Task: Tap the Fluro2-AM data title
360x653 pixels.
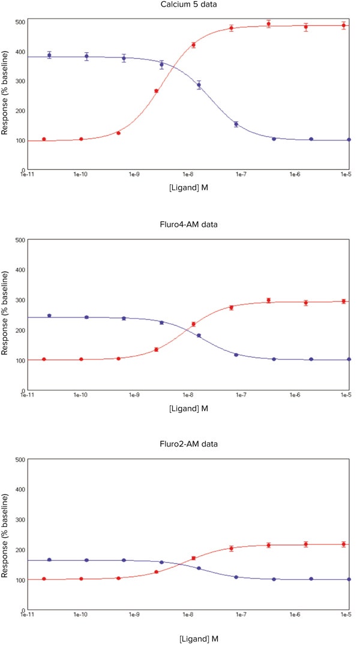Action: tap(187, 444)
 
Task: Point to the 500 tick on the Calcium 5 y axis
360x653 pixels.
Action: tap(20, 22)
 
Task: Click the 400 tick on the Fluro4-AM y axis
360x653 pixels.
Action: tap(20, 270)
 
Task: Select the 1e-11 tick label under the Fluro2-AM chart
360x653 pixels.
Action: tap(28, 615)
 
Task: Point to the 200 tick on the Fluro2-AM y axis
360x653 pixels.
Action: tap(20, 550)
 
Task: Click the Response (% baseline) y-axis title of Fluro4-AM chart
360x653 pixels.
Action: tap(6, 314)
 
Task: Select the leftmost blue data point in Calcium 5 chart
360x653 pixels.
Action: tap(49, 55)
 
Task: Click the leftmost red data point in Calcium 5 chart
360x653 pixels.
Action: tap(44, 139)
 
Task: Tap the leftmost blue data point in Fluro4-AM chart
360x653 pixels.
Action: tap(49, 316)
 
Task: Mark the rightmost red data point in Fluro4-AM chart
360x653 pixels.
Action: tap(344, 301)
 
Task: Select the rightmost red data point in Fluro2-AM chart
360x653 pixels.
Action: tap(344, 544)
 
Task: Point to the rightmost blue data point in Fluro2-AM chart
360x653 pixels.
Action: tap(349, 579)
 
